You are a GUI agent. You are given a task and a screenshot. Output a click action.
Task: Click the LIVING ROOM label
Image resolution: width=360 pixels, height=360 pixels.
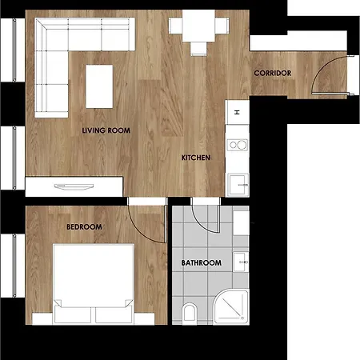106,130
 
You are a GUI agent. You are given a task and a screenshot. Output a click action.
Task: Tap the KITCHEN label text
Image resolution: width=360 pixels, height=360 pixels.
196,158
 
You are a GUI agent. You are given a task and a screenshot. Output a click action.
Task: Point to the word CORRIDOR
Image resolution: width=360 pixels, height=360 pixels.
273,73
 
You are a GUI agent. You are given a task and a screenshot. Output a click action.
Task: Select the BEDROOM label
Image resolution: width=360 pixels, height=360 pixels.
84,227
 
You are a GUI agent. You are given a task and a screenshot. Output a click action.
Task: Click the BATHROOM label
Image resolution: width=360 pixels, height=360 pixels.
202,263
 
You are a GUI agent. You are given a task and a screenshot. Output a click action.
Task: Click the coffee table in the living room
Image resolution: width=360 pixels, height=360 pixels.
99,86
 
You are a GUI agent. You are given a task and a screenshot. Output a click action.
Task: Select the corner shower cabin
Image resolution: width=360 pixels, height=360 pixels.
231,307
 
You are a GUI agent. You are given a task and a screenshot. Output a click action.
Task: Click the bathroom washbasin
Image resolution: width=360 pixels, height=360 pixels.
241,262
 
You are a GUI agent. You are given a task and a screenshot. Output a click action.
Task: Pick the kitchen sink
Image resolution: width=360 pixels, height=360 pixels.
238,185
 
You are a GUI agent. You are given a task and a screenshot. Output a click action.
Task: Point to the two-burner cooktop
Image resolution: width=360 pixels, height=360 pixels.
238,145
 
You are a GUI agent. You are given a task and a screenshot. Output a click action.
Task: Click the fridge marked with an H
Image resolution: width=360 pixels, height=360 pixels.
237,112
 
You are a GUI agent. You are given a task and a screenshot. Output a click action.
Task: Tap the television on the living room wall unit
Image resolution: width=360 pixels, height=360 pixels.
74,186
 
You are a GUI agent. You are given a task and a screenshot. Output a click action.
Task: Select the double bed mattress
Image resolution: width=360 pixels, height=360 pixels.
94,275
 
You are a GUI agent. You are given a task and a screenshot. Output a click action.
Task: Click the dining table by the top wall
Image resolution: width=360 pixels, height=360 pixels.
198,26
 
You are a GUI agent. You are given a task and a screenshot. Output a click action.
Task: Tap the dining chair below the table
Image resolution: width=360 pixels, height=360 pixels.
198,49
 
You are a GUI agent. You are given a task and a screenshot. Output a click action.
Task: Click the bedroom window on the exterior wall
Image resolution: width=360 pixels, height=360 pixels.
14,266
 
